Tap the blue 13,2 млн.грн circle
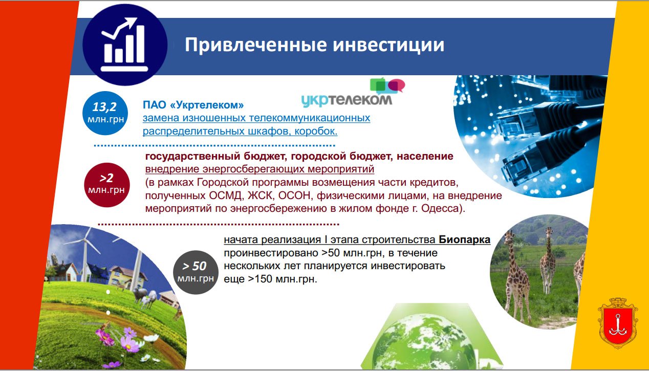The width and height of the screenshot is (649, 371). [x=105, y=113]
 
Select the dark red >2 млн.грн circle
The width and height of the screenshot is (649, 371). [x=106, y=185]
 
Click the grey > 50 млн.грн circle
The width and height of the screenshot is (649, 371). [x=196, y=272]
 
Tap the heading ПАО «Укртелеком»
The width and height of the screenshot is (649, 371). [x=193, y=105]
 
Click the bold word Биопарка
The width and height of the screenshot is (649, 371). [x=464, y=240]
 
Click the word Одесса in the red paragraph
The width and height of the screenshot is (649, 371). [x=440, y=208]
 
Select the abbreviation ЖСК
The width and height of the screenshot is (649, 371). [x=260, y=195]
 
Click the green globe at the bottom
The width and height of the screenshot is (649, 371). [x=424, y=342]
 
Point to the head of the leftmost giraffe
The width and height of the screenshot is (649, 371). [x=509, y=236]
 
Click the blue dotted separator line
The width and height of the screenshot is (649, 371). [x=214, y=145]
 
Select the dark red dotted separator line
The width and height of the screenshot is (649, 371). [x=219, y=224]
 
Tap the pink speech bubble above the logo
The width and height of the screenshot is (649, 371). [x=397, y=85]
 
